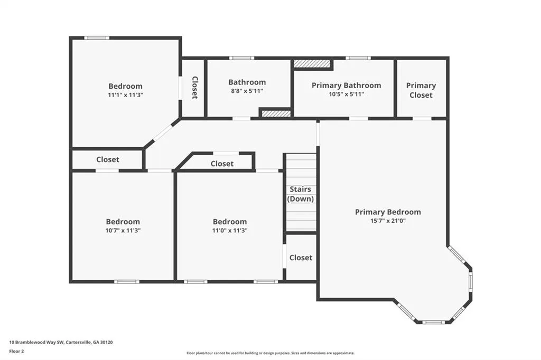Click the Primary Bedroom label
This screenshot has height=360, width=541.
point(388,212)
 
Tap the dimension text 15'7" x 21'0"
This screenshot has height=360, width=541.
point(388,221)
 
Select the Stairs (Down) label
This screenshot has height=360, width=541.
point(301,194)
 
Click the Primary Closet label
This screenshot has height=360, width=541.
point(421,90)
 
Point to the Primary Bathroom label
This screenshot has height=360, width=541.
point(347,85)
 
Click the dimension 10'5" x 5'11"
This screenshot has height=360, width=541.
point(347,94)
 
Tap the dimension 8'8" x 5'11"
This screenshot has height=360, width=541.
point(247,91)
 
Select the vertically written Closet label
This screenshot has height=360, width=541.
point(194,88)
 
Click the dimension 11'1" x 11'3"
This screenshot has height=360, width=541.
point(125,95)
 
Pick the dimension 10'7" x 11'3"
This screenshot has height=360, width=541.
point(123,230)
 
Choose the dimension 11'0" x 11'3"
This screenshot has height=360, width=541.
point(230,230)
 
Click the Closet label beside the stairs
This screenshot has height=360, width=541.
point(301,258)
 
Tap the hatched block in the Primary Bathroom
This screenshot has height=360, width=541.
point(312,63)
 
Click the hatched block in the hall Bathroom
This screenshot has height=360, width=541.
point(276,113)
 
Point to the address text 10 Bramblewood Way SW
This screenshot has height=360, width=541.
point(36,343)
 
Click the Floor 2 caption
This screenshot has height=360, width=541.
point(16,352)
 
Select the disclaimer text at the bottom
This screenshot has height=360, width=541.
point(270,353)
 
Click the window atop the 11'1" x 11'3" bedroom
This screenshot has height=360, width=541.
point(97,38)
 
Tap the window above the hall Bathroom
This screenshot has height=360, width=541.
point(241,58)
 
